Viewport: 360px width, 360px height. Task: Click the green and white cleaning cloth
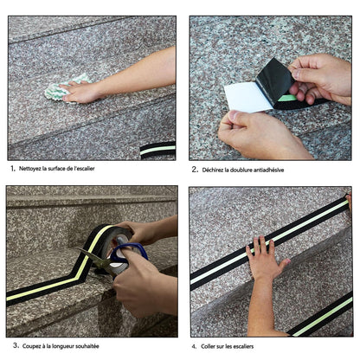point(62,88)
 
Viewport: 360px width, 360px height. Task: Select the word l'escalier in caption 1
point(84,169)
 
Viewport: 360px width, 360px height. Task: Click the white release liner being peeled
point(248,98)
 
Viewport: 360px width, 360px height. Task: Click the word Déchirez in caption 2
point(213,170)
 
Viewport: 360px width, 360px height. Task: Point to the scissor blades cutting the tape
point(94,260)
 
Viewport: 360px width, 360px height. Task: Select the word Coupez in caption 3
point(31,346)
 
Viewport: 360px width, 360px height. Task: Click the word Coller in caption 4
point(209,346)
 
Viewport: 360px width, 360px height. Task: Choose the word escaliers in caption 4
point(243,346)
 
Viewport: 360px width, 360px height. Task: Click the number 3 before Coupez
point(15,345)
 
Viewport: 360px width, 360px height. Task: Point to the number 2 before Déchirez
point(194,170)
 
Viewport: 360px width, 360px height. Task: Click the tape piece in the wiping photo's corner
point(157,150)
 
